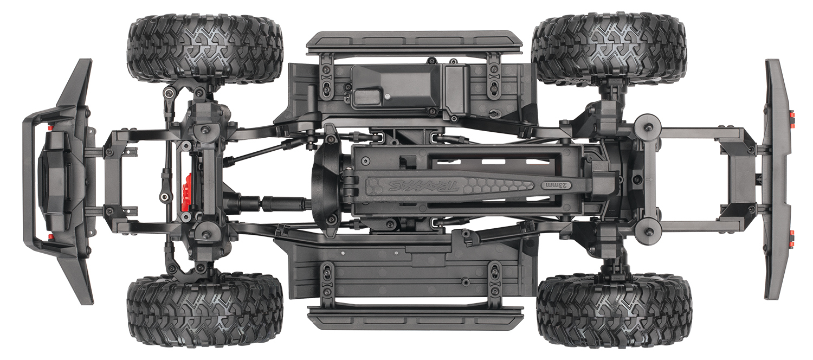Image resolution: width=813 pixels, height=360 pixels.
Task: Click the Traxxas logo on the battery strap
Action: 423,186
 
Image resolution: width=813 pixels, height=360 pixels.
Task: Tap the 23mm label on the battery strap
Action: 556,185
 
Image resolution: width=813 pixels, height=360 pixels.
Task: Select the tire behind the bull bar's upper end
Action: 205,49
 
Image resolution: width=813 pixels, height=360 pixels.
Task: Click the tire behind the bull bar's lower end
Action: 205,310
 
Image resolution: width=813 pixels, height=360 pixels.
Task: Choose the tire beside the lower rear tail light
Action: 614,310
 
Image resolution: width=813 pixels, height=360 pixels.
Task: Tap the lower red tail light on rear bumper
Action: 793,236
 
